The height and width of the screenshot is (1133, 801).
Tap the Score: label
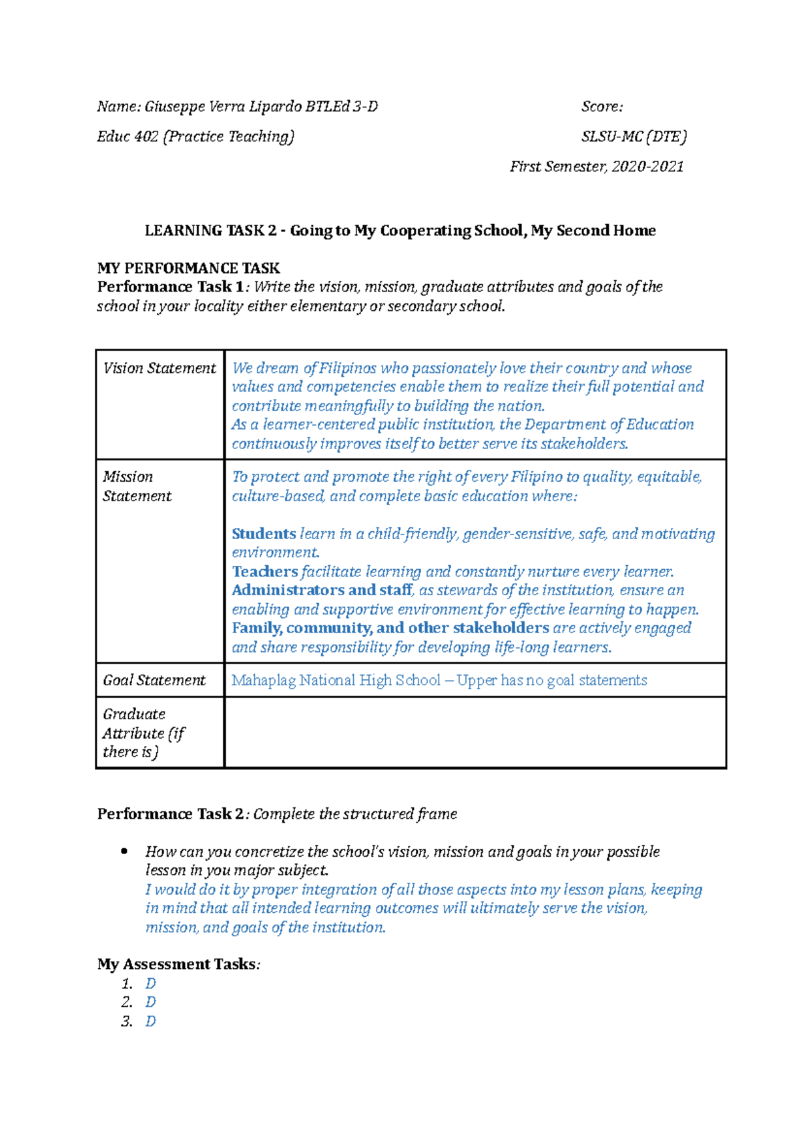(x=602, y=107)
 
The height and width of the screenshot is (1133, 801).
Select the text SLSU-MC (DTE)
(x=633, y=137)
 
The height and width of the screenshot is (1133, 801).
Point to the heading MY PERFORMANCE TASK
(x=188, y=268)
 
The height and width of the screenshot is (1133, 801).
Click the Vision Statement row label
(x=160, y=368)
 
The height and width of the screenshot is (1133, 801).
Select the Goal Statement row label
(x=154, y=681)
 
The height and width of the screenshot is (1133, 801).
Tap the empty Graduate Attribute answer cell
(x=475, y=733)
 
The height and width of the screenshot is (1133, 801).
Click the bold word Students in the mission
(x=264, y=534)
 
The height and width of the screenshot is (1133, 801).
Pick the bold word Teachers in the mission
(x=265, y=572)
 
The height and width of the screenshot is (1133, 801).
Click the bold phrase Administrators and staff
(x=322, y=591)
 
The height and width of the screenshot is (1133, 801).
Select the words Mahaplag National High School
(x=336, y=681)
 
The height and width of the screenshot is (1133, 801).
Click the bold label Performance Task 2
(x=170, y=814)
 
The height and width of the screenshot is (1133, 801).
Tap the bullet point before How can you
(x=123, y=851)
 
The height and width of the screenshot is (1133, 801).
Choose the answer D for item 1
(x=151, y=984)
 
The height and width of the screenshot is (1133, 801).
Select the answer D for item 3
(x=151, y=1022)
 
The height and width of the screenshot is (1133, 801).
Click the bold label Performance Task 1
(x=170, y=287)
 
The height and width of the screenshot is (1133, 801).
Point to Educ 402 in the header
(x=127, y=137)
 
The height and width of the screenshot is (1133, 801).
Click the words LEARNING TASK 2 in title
(x=210, y=231)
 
